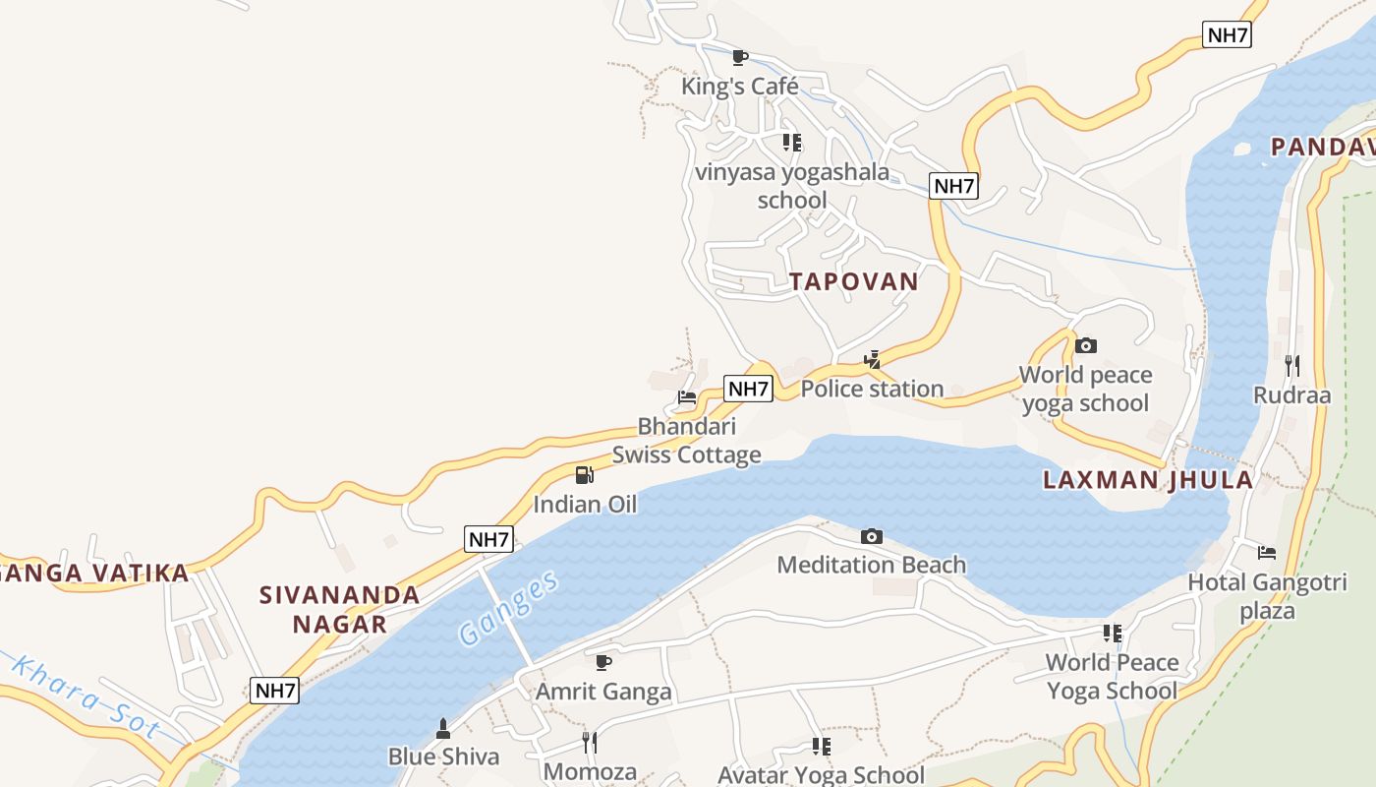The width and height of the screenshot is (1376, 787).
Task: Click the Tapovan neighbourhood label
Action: tap(853, 281)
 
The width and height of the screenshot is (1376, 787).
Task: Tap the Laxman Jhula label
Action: tap(1148, 480)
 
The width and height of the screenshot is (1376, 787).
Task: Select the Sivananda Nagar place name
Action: tap(339, 609)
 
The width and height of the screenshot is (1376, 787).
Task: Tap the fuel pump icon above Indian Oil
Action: tap(585, 475)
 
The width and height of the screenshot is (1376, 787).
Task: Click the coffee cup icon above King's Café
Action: tap(740, 57)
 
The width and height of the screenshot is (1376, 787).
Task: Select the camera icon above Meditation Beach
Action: tap(871, 536)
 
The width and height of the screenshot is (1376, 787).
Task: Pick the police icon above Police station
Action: tap(872, 359)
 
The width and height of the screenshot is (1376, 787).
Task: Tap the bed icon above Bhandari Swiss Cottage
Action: tap(687, 397)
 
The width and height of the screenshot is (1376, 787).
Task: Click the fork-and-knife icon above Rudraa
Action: tap(1291, 366)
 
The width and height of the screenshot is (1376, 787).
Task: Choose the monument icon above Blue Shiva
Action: tap(443, 728)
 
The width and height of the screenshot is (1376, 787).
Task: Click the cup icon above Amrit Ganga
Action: tap(603, 662)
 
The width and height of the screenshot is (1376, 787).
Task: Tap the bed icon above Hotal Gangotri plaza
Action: tap(1267, 553)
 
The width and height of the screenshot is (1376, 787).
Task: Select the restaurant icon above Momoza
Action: tap(590, 743)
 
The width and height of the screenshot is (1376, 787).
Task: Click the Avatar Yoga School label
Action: tap(821, 774)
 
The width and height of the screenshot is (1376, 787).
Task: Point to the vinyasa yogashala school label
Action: tap(792, 186)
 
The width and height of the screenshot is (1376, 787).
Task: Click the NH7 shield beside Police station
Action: tap(748, 389)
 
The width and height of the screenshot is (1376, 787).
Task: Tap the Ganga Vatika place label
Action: tap(94, 574)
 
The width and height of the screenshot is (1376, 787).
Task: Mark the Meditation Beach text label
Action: tap(871, 565)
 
